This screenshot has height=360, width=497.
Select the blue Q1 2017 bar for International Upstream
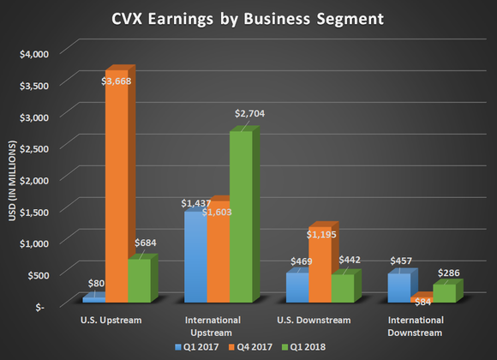click(195, 257)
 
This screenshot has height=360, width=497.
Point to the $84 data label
click(422, 301)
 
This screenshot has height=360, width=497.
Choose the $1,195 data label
click(322, 211)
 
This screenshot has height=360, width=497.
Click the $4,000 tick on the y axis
click(37, 53)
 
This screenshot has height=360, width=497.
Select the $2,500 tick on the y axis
click(37, 147)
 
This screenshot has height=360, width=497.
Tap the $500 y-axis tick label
click(41, 273)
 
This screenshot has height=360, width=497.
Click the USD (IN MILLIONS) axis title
click(12, 179)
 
